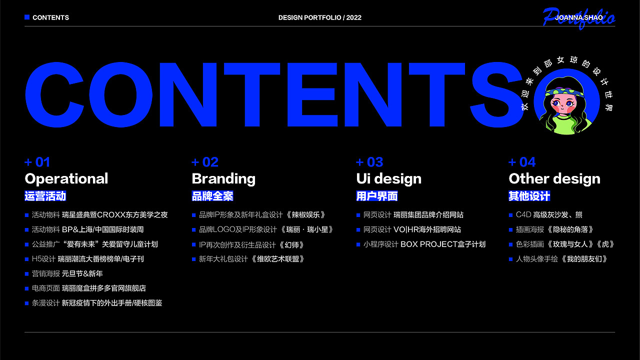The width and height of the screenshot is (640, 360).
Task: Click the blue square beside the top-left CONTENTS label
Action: click(27, 17)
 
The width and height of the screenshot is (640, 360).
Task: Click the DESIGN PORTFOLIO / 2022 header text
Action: click(319, 17)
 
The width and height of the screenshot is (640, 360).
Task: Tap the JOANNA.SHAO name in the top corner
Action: click(579, 17)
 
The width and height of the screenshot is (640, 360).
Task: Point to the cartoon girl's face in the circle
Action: click(562, 104)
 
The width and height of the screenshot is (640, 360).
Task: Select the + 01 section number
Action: click(37, 162)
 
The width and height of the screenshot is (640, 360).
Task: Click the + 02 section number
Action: click(205, 162)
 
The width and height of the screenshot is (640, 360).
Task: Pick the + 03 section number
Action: click(369, 162)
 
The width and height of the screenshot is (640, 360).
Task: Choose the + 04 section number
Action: click(522, 162)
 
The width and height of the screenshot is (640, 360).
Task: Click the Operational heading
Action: click(66, 179)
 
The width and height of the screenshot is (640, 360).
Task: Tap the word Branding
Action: click(223, 179)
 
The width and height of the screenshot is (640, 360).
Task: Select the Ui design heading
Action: click(389, 179)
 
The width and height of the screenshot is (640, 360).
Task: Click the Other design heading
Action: click(554, 179)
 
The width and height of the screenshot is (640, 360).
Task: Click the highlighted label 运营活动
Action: click(45, 196)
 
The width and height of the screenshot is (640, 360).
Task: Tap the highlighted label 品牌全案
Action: click(212, 196)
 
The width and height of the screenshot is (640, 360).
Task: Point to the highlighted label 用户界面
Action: click(377, 196)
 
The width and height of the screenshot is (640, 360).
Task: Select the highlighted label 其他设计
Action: click(529, 196)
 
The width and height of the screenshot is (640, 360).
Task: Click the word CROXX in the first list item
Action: click(111, 215)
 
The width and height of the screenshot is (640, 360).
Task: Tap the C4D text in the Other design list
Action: click(523, 215)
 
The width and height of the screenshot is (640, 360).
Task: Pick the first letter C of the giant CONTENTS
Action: click(54, 94)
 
